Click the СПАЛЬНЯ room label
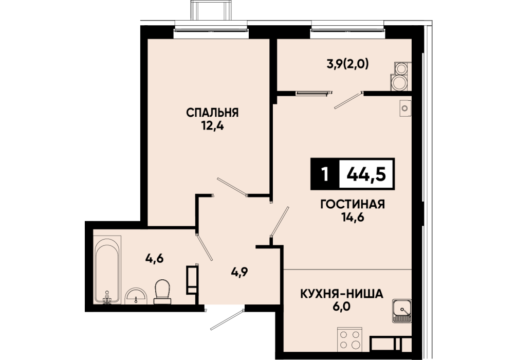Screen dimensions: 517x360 pyautogui.click(x=212, y=113)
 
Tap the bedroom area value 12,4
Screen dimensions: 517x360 pyautogui.click(x=213, y=126)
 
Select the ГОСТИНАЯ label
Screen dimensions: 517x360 pyautogui.click(x=353, y=204)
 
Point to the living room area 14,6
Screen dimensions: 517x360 pyautogui.click(x=353, y=218)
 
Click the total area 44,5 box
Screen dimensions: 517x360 pyautogui.click(x=366, y=174)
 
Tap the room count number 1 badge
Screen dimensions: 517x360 pyautogui.click(x=325, y=174)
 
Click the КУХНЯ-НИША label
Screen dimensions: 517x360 pyautogui.click(x=342, y=293)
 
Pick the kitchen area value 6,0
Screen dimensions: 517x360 pyautogui.click(x=342, y=307)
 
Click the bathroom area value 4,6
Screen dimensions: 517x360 pyautogui.click(x=155, y=258)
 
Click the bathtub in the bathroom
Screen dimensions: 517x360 pyautogui.click(x=108, y=269)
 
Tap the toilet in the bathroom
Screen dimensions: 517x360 pyautogui.click(x=162, y=292)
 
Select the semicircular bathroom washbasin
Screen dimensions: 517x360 pyautogui.click(x=136, y=296)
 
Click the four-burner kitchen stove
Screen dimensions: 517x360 pyautogui.click(x=350, y=339)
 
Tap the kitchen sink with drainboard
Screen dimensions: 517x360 pyautogui.click(x=401, y=311)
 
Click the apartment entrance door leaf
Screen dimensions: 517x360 pyautogui.click(x=227, y=319)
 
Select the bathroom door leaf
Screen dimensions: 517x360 pyautogui.click(x=205, y=247)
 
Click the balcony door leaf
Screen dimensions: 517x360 pyautogui.click(x=348, y=100)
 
